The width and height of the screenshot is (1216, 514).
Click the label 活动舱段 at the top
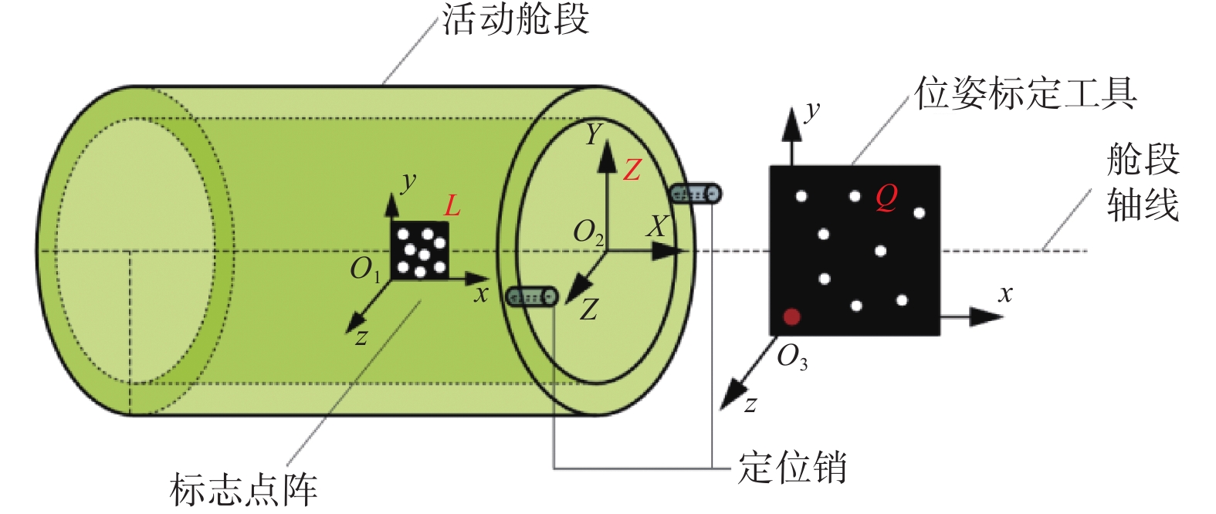[x=515, y=19]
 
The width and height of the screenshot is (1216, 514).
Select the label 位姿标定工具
[x=1025, y=93]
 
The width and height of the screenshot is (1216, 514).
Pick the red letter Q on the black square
[x=886, y=198]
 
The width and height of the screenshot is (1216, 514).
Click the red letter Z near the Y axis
[x=632, y=170]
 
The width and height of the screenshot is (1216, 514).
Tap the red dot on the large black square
[x=792, y=316]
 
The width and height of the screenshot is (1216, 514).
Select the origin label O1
[x=365, y=269]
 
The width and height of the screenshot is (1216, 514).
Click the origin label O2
[x=588, y=233]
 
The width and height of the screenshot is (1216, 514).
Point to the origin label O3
[x=792, y=358]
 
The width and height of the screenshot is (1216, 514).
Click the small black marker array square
[x=420, y=251]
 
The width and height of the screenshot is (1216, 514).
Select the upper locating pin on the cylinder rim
[x=696, y=194]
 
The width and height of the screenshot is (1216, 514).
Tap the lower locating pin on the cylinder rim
[x=532, y=297]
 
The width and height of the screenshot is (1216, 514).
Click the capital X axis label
[x=657, y=227]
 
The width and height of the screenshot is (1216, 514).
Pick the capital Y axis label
[x=594, y=134]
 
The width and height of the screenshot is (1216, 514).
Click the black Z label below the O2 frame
[x=588, y=310]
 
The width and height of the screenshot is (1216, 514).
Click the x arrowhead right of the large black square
[x=986, y=316]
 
